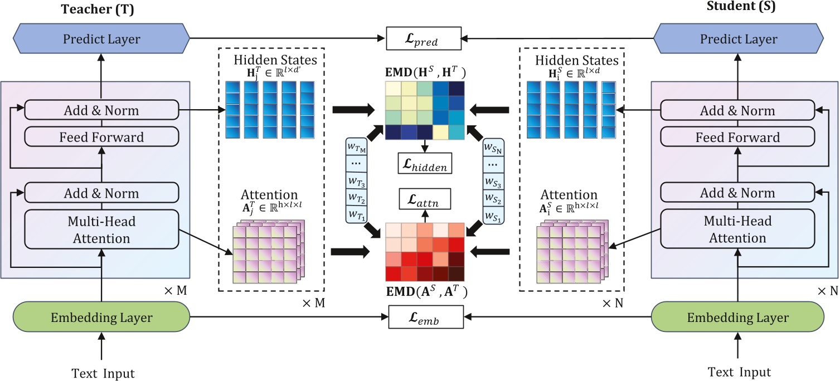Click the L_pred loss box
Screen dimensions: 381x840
424,40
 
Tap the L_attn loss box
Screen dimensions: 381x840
425,197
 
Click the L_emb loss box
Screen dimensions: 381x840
425,319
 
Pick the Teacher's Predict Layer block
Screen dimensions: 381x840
101,39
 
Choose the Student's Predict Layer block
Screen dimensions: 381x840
738,39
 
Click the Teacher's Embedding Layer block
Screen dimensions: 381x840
101,317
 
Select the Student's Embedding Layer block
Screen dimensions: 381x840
738,317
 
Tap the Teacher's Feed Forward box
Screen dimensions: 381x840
102,137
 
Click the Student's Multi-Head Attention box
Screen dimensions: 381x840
738,229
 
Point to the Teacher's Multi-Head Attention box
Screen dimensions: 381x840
102,229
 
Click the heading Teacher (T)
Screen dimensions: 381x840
97,9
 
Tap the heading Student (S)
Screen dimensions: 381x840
741,7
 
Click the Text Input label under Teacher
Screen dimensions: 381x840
103,373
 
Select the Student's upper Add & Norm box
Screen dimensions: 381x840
738,110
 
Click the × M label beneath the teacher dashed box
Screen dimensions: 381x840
313,304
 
